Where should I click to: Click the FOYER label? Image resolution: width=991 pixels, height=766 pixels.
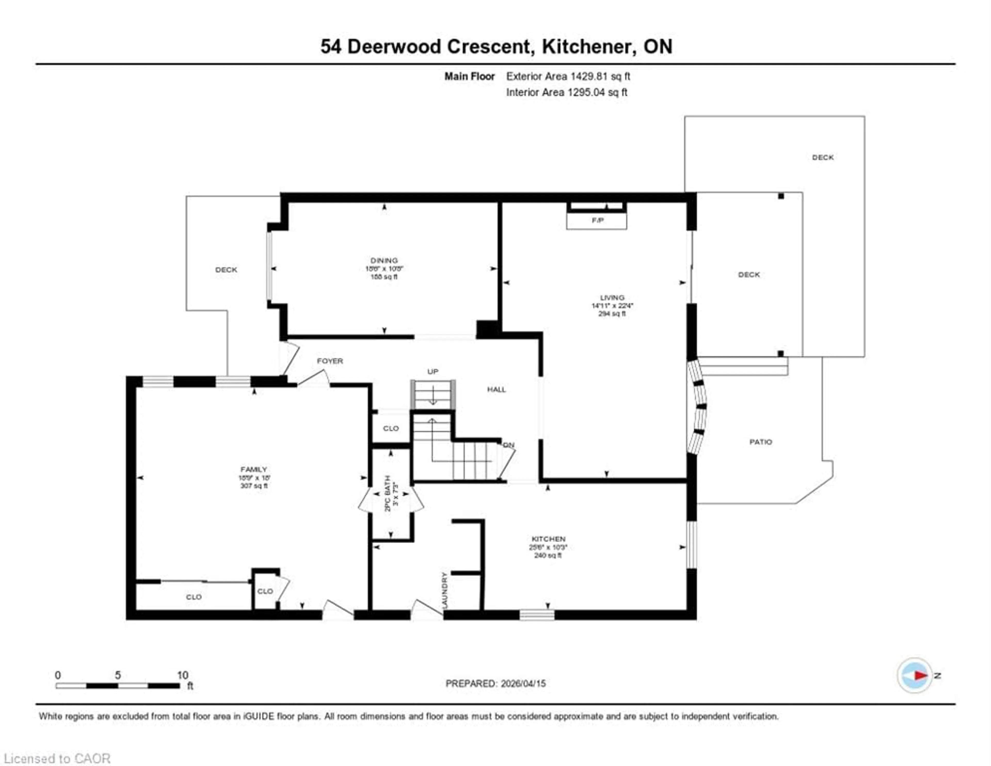(x=330, y=361)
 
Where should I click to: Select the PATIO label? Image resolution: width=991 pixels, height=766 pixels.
(x=761, y=442)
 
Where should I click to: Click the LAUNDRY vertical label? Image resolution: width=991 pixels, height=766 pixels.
(x=444, y=590)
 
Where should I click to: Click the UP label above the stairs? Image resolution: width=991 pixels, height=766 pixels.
(x=433, y=372)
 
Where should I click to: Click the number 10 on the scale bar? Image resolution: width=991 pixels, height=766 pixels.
(x=182, y=675)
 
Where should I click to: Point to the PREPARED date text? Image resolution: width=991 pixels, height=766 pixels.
(x=495, y=683)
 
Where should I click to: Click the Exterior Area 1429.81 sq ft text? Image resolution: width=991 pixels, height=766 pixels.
(x=568, y=76)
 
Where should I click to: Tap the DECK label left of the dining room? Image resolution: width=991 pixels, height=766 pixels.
(x=226, y=270)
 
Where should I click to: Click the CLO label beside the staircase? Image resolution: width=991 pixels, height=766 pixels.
(x=391, y=428)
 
